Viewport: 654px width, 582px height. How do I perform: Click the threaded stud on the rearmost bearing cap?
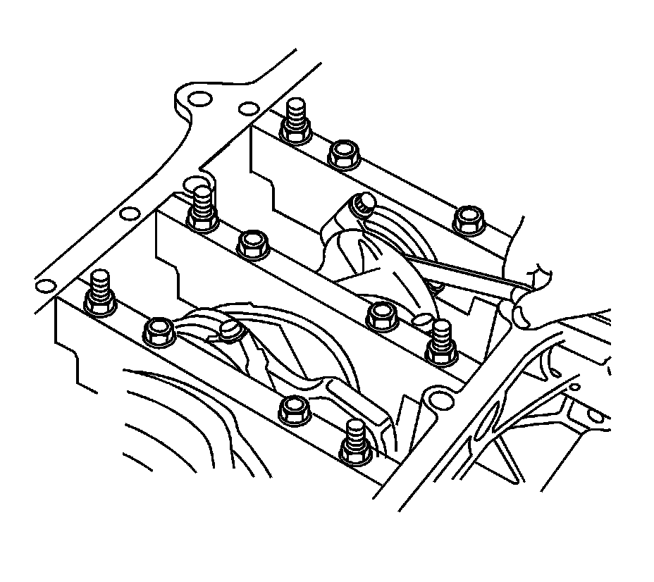coord(296,121)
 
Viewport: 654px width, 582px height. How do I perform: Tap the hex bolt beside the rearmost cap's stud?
coord(344,153)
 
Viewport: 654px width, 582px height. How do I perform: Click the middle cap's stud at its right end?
coord(442,342)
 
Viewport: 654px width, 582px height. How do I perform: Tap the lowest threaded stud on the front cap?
coord(354,442)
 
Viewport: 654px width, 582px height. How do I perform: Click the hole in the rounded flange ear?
coord(199,99)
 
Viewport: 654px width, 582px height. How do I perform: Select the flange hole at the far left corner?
coord(46,285)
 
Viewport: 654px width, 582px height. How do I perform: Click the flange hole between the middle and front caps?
coord(129,214)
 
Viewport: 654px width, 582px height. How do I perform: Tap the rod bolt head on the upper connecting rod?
coord(364,204)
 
